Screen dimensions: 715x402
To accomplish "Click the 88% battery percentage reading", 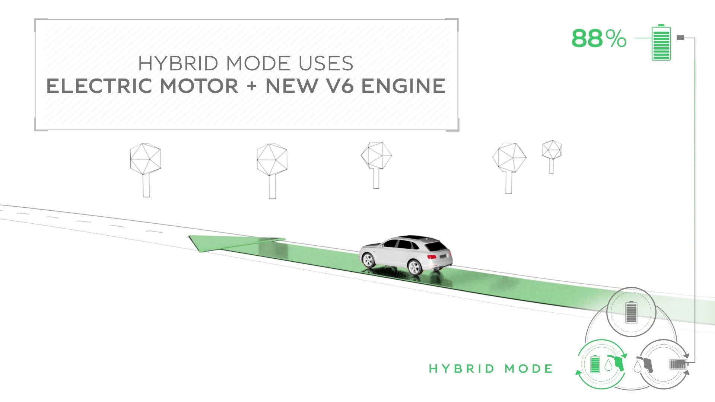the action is [599, 38].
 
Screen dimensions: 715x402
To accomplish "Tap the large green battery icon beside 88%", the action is [661, 42].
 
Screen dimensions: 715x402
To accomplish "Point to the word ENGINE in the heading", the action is [403, 86].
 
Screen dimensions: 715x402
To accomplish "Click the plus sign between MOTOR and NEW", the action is [252, 86].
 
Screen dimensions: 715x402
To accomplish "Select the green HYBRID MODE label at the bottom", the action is [491, 369].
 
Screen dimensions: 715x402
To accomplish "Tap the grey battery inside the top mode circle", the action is [631, 312].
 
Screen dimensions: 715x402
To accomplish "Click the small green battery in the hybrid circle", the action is [595, 364].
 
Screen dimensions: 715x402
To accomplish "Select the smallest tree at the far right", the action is [552, 156].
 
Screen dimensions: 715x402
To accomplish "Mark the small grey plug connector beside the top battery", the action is [680, 38].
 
